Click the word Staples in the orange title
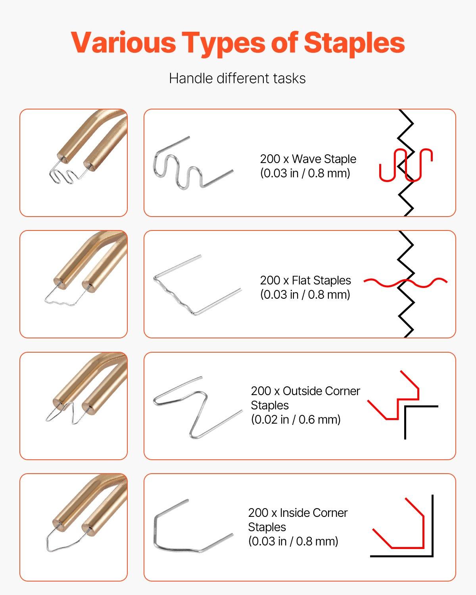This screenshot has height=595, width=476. point(354,42)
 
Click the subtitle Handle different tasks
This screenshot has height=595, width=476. point(237,78)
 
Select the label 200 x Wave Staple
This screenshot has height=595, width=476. point(308,159)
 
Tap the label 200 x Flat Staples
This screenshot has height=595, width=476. point(305,280)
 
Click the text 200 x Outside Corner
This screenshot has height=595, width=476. point(305,391)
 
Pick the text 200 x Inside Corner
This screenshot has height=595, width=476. point(297,513)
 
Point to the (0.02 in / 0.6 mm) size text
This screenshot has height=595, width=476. point(296,420)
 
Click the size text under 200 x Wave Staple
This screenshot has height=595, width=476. point(305,173)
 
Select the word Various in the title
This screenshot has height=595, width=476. point(123,42)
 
